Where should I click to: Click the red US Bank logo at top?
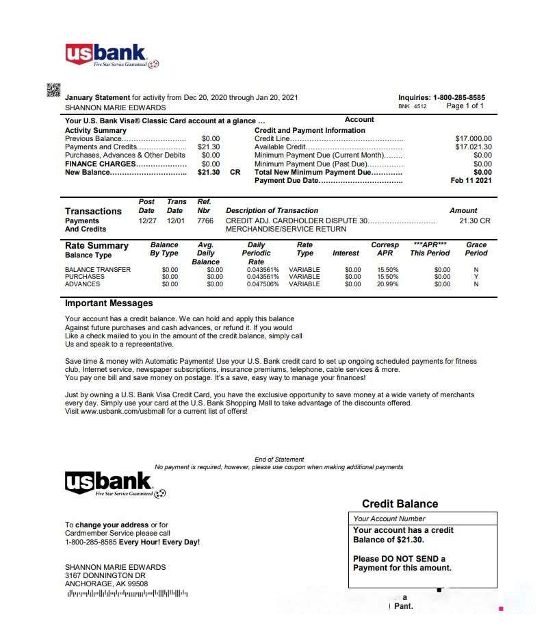point(106,53)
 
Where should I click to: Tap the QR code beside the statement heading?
point(53,90)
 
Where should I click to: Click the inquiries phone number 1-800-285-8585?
point(459,98)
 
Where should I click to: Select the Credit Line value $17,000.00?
point(473,138)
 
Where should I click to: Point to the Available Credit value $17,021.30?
point(473,147)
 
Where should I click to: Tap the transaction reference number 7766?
point(205,221)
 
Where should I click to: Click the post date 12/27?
point(147,221)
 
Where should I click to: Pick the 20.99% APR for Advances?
point(387,284)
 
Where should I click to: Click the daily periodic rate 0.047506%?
point(263,284)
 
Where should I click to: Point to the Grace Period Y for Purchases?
point(476,277)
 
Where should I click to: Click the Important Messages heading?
point(109,303)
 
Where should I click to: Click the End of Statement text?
point(279,460)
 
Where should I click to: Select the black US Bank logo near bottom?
point(106,483)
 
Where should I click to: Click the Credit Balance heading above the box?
point(400,504)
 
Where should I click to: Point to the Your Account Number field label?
point(389,518)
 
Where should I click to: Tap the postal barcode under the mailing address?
point(127,593)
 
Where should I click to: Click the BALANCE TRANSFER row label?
point(97,270)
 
